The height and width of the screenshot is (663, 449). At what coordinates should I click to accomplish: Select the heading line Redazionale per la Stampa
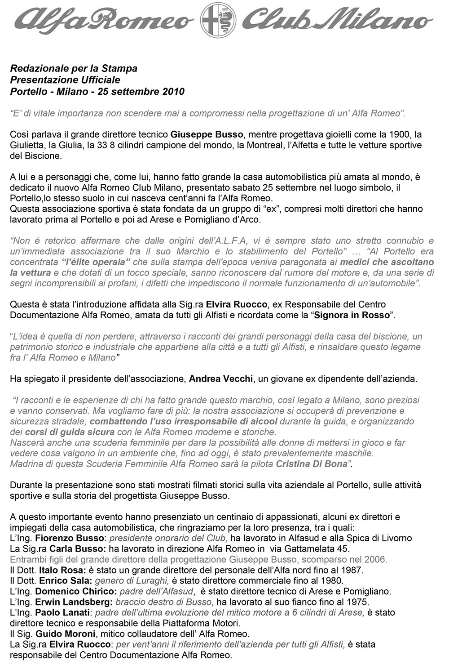point(74,69)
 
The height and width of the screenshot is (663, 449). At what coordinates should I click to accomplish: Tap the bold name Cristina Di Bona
point(313,464)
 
